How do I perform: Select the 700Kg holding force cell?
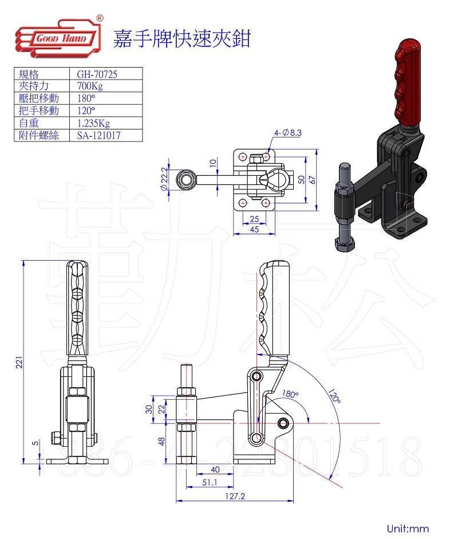(x=90, y=86)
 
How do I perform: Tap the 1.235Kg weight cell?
(x=93, y=123)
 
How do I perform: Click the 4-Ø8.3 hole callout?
(x=288, y=133)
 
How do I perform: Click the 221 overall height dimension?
(x=18, y=362)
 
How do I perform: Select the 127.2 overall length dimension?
(x=235, y=497)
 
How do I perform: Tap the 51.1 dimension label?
(x=210, y=483)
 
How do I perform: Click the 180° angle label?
(x=290, y=395)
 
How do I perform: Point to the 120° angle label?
(x=335, y=397)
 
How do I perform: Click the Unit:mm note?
(x=408, y=528)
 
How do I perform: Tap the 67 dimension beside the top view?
(x=313, y=179)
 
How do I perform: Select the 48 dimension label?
(x=162, y=441)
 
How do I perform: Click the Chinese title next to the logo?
(x=182, y=39)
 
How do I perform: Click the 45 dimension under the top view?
(x=255, y=229)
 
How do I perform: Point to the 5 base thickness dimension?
(x=35, y=443)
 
